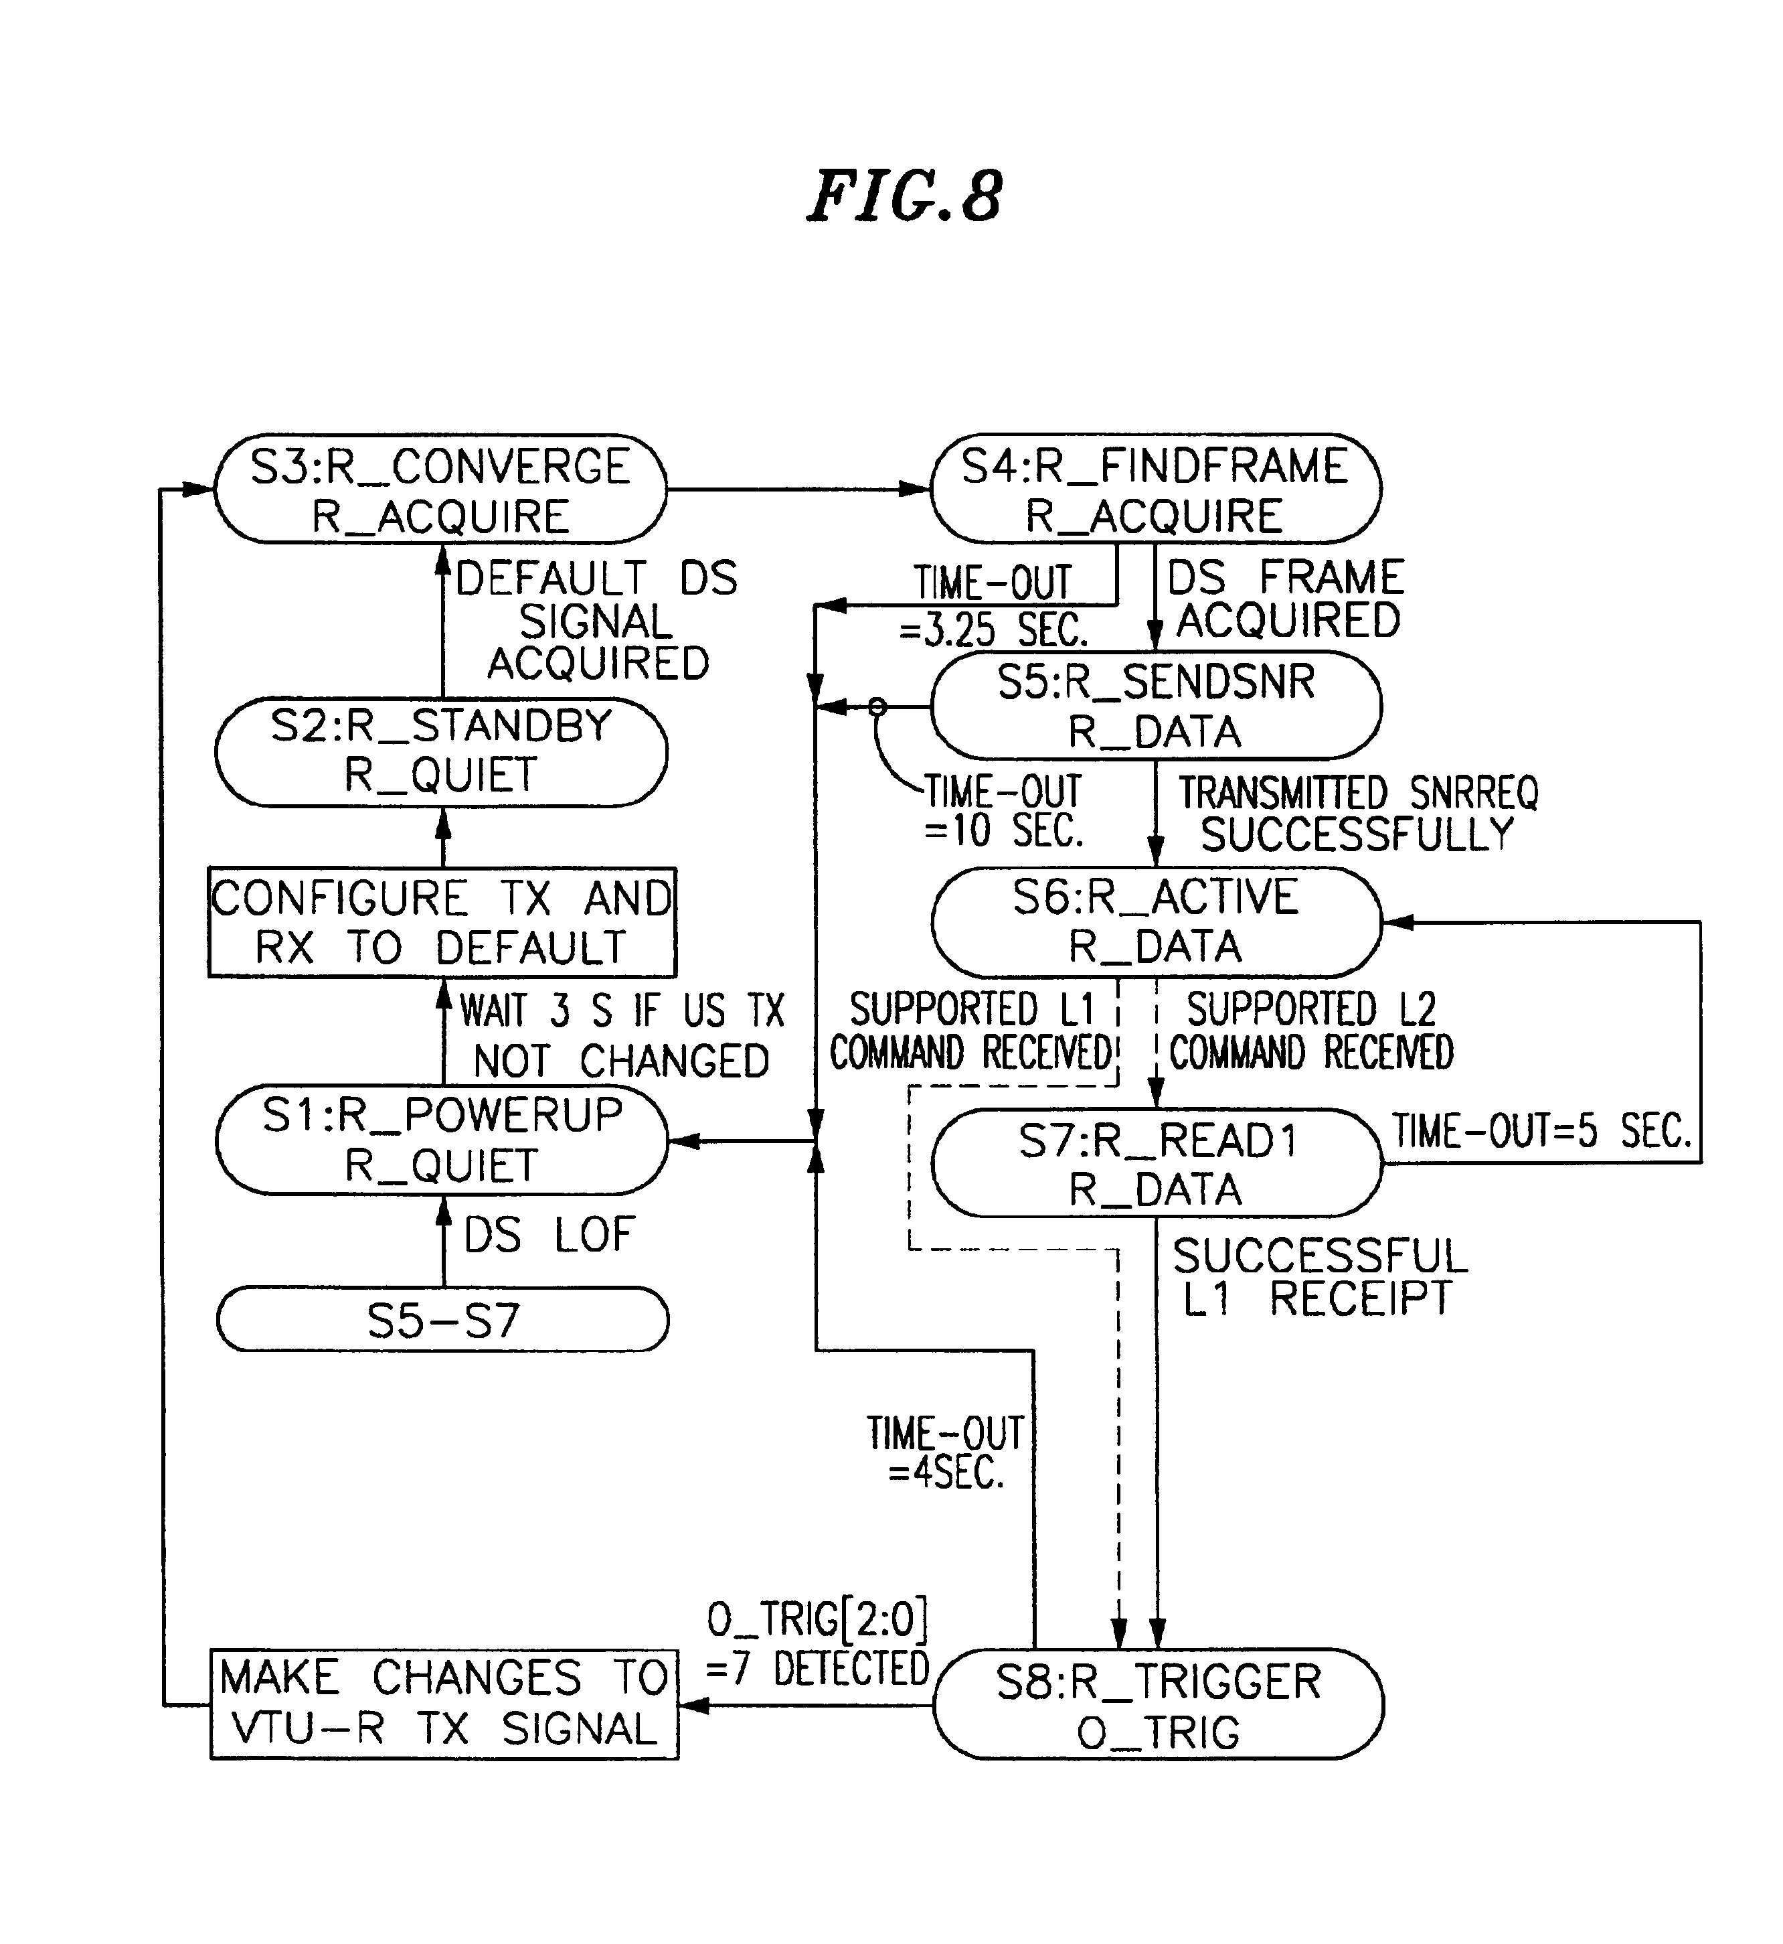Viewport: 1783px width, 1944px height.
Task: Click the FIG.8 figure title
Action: click(x=904, y=196)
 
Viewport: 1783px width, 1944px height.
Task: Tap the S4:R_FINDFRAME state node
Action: click(x=1155, y=488)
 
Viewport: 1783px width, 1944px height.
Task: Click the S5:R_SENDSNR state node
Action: click(x=1156, y=706)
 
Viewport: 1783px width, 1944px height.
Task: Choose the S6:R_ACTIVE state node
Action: click(x=1156, y=922)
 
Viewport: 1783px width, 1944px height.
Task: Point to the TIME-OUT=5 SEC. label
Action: click(x=1541, y=1130)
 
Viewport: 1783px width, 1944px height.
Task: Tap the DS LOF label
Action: click(x=549, y=1235)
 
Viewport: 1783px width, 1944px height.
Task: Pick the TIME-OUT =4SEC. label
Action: click(x=946, y=1452)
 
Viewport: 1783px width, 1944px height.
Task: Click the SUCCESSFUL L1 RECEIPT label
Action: click(x=1320, y=1278)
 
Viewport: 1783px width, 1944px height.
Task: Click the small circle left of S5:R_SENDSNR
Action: click(x=877, y=708)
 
